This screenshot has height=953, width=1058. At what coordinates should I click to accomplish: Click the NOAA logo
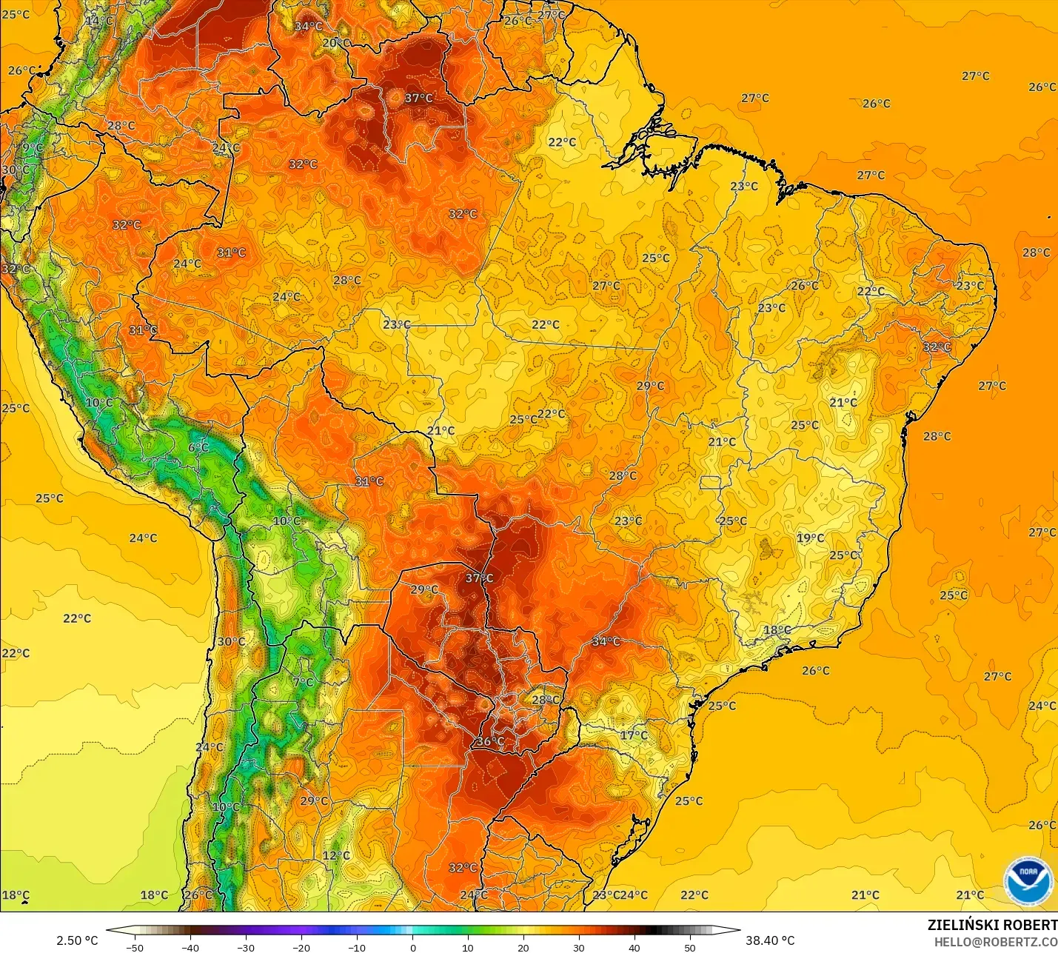1028,880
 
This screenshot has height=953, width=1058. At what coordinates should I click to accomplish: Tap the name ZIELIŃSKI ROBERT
992,925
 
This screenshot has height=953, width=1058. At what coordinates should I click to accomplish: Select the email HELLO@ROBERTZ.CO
995,942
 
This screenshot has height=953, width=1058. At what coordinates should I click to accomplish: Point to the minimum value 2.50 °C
77,940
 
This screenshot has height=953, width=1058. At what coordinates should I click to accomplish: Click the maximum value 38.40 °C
770,940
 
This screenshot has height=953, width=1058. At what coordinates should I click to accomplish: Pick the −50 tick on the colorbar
134,947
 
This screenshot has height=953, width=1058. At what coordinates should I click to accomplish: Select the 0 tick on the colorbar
412,947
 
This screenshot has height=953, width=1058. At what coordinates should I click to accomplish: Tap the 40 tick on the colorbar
634,947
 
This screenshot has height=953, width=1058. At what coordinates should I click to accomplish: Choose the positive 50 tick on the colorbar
690,947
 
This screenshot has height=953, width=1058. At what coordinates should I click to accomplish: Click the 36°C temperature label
489,741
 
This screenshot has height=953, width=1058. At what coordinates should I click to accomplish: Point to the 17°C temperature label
634,735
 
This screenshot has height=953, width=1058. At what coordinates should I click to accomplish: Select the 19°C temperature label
810,538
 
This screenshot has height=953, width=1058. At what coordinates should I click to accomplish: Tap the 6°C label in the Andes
198,448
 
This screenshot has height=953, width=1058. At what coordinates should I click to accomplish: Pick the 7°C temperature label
303,682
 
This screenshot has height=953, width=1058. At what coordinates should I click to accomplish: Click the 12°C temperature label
336,856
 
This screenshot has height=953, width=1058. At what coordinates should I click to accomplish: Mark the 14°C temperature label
98,21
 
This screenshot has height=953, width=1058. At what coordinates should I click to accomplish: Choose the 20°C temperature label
336,43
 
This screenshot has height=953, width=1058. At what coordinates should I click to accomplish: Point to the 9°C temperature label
33,148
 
